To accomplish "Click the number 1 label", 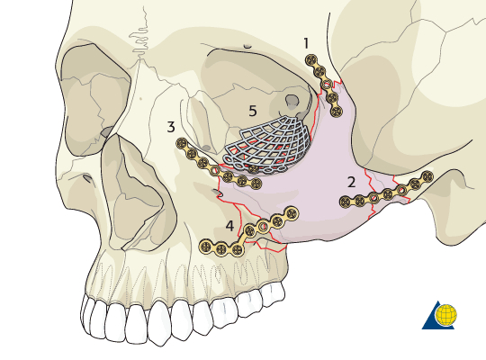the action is (306, 43).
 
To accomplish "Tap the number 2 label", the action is (351, 183).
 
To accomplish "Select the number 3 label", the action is (171, 127).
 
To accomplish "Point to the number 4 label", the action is (229, 226).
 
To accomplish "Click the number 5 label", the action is (253, 111).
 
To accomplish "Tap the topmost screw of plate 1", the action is (311, 60).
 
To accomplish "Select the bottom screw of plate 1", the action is (337, 111).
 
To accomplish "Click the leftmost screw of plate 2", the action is (346, 202).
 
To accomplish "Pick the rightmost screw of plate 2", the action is (427, 176).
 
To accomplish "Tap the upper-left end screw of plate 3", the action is (182, 143).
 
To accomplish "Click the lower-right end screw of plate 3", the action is (256, 184).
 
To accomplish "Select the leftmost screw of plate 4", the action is (205, 247).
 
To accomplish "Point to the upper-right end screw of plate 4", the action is (292, 213).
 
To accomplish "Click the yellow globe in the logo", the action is (446, 315).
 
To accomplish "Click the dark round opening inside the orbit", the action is (292, 101).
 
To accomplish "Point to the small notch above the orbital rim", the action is (247, 47).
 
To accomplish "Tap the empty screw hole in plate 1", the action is (327, 84).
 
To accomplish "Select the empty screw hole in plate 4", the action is (263, 226).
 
